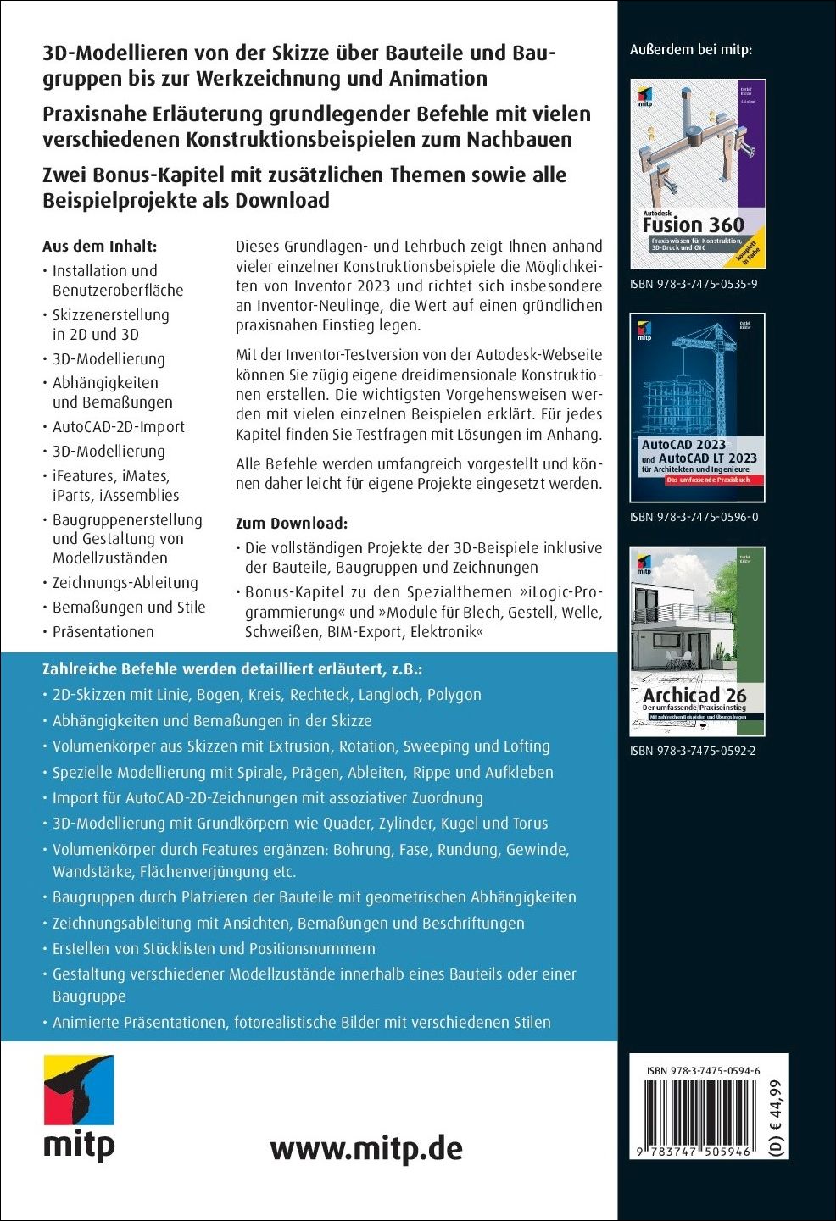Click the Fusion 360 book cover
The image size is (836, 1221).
[x=697, y=175]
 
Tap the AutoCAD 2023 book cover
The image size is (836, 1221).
[x=697, y=408]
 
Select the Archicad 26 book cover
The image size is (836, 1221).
[x=697, y=641]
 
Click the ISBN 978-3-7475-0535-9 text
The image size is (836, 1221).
[x=694, y=284]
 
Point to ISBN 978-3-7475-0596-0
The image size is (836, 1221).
[x=694, y=517]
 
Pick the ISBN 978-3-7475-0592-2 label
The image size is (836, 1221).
[x=694, y=750]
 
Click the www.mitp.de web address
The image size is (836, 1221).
[x=366, y=1148]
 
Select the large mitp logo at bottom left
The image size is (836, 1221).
[x=79, y=1107]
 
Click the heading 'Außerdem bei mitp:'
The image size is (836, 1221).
[x=691, y=50]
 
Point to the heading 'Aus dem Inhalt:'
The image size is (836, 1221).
[x=100, y=247]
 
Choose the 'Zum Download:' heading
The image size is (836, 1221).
[x=292, y=523]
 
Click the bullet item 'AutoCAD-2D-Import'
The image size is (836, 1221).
[x=118, y=427]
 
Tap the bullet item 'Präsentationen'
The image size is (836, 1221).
[x=103, y=631]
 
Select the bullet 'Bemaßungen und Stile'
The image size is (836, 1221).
[x=129, y=607]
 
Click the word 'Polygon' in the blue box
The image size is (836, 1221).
[x=454, y=695]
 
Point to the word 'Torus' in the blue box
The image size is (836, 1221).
[x=530, y=824]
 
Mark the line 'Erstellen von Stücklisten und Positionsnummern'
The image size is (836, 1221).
[x=214, y=949]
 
